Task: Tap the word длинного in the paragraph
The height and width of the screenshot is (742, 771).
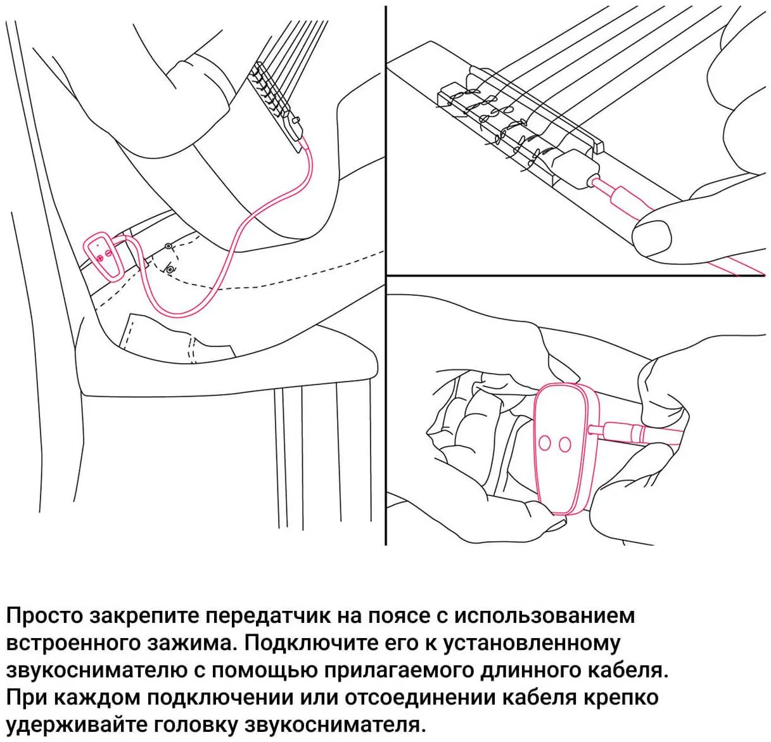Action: pos(535,670)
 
